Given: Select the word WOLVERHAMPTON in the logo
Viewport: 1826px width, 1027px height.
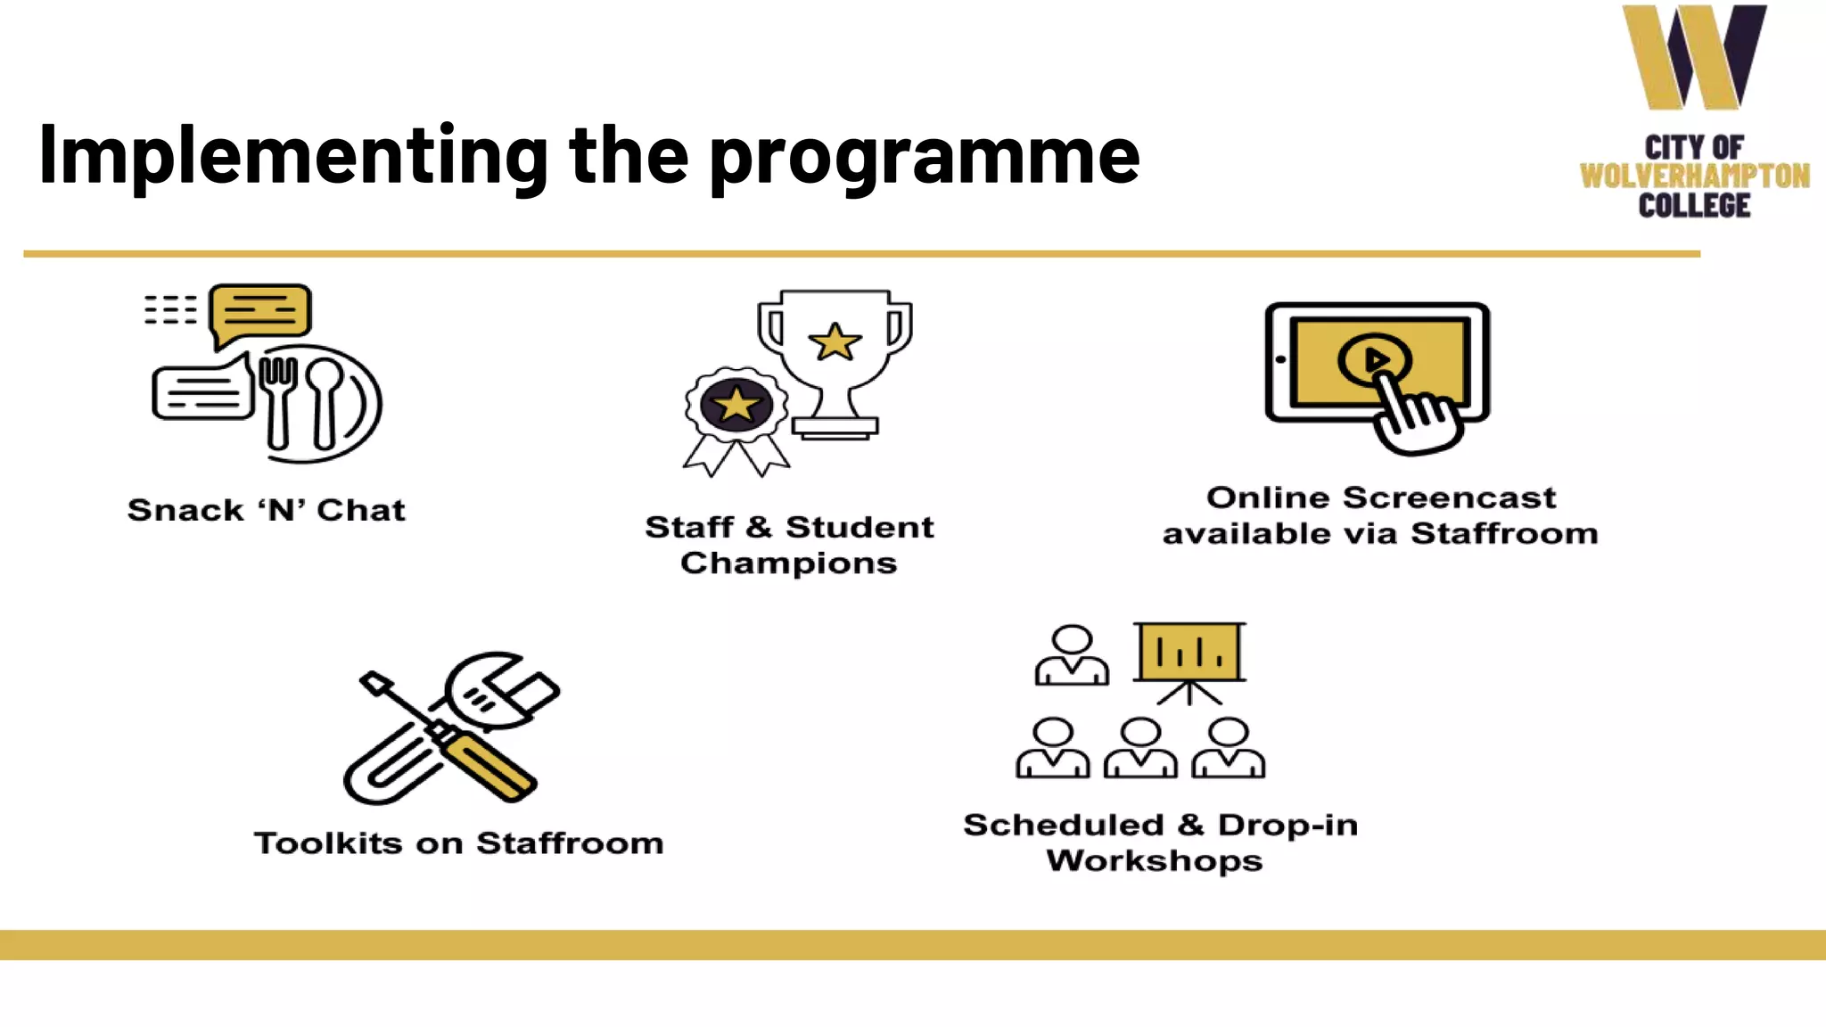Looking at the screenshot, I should (1694, 176).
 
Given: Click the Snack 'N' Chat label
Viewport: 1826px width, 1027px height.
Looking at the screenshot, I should (266, 510).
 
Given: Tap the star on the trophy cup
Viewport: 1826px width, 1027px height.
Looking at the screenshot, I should (835, 342).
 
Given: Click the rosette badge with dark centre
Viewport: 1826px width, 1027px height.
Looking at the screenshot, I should (736, 406).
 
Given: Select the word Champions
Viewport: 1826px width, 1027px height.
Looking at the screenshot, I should (788, 563).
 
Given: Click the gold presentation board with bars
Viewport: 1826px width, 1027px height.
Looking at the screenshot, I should (1189, 652).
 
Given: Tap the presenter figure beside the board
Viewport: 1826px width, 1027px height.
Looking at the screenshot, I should (1072, 655).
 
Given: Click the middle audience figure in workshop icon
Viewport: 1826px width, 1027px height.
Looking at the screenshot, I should (1140, 749).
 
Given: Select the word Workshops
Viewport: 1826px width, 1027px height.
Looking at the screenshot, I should (1154, 861).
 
